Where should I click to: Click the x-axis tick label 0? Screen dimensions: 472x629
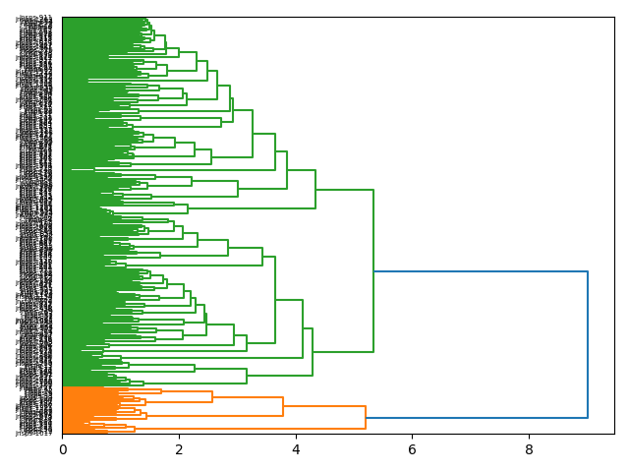(63, 450)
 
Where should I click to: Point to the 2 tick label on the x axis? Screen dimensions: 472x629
(179, 450)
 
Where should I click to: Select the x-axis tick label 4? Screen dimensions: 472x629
(296, 450)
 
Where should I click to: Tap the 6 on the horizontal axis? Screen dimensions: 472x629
(412, 450)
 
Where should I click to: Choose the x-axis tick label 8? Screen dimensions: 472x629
(529, 450)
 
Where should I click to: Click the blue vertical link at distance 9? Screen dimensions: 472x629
(588, 344)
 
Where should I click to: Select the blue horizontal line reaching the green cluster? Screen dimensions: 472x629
(482, 271)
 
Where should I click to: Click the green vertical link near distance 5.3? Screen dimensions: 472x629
(373, 270)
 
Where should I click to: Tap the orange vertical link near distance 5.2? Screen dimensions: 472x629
(366, 418)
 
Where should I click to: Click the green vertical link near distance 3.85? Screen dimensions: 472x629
(287, 169)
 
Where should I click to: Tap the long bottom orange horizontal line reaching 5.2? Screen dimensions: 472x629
(246, 429)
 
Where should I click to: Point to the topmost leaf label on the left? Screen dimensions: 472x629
(35, 18)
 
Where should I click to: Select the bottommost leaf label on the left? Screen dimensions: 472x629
(35, 433)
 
